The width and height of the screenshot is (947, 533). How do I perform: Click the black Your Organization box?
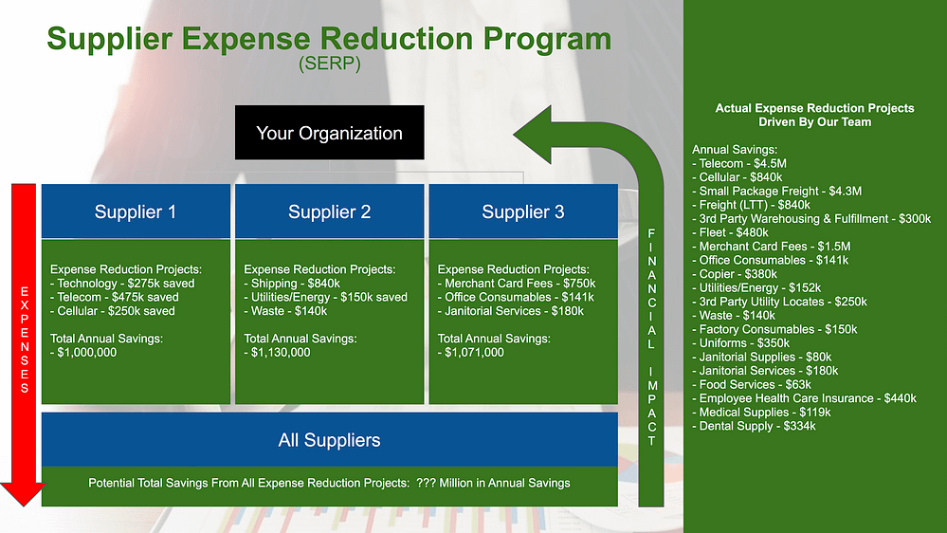coord(329,133)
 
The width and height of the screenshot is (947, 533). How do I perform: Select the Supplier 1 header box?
coord(136,211)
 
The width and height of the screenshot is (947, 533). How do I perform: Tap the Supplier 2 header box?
coord(329,211)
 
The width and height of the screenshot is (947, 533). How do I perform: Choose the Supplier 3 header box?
coord(523,211)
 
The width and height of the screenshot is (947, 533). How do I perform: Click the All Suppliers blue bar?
coord(330,439)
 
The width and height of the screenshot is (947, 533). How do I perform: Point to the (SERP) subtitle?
coord(330,64)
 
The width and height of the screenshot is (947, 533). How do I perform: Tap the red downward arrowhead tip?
coord(23,505)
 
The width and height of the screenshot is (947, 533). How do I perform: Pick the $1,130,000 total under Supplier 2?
coord(277,352)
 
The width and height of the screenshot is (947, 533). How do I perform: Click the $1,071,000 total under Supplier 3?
coord(471,352)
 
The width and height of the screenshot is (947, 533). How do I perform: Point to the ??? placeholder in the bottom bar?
coord(426,483)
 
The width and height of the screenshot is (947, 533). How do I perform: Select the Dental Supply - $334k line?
coord(754,426)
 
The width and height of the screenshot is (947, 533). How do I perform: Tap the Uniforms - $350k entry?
coord(740,343)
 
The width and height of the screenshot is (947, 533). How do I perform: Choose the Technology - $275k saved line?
coord(122,284)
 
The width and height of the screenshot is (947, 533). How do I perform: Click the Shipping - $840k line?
coord(292,284)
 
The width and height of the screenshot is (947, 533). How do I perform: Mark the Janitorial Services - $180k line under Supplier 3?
coord(511,311)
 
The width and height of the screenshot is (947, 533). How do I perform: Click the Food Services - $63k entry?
coord(752,384)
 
